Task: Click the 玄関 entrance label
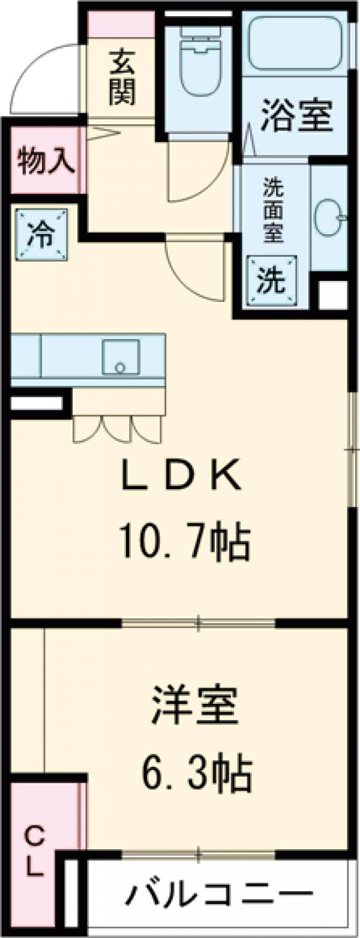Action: [122, 78]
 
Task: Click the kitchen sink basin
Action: [121, 356]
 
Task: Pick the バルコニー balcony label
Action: [219, 897]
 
